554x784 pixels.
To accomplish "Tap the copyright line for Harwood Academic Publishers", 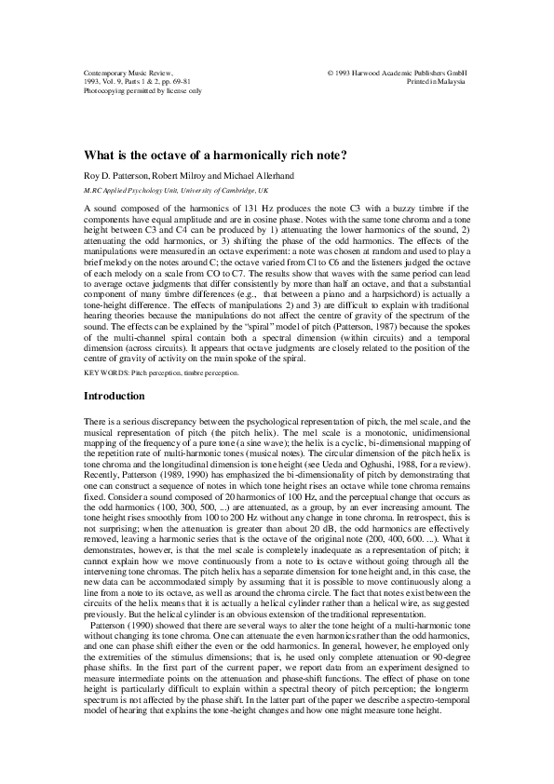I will [x=398, y=71].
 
